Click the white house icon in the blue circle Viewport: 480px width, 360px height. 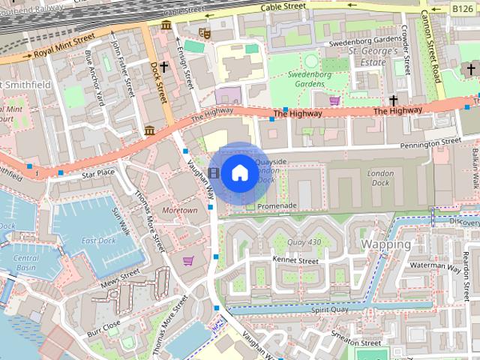pyautogui.click(x=238, y=173)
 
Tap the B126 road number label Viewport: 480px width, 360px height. pyautogui.click(x=462, y=7)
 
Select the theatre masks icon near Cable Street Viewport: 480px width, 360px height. pyautogui.click(x=202, y=32)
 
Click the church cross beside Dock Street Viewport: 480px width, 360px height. pyautogui.click(x=163, y=67)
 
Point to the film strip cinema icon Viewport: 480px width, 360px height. pyautogui.click(x=215, y=173)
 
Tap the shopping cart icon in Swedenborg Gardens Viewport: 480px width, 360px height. pyautogui.click(x=334, y=100)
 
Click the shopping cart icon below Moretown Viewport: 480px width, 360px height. pyautogui.click(x=188, y=260)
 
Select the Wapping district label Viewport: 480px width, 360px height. pyautogui.click(x=385, y=244)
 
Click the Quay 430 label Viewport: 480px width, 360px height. pyautogui.click(x=304, y=241)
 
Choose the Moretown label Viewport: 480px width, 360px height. pyautogui.click(x=179, y=211)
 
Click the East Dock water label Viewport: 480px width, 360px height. pyautogui.click(x=99, y=240)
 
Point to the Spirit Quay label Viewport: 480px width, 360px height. pyautogui.click(x=331, y=309)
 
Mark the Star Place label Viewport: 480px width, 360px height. pyautogui.click(x=99, y=173)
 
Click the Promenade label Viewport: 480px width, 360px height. pyautogui.click(x=277, y=206)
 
